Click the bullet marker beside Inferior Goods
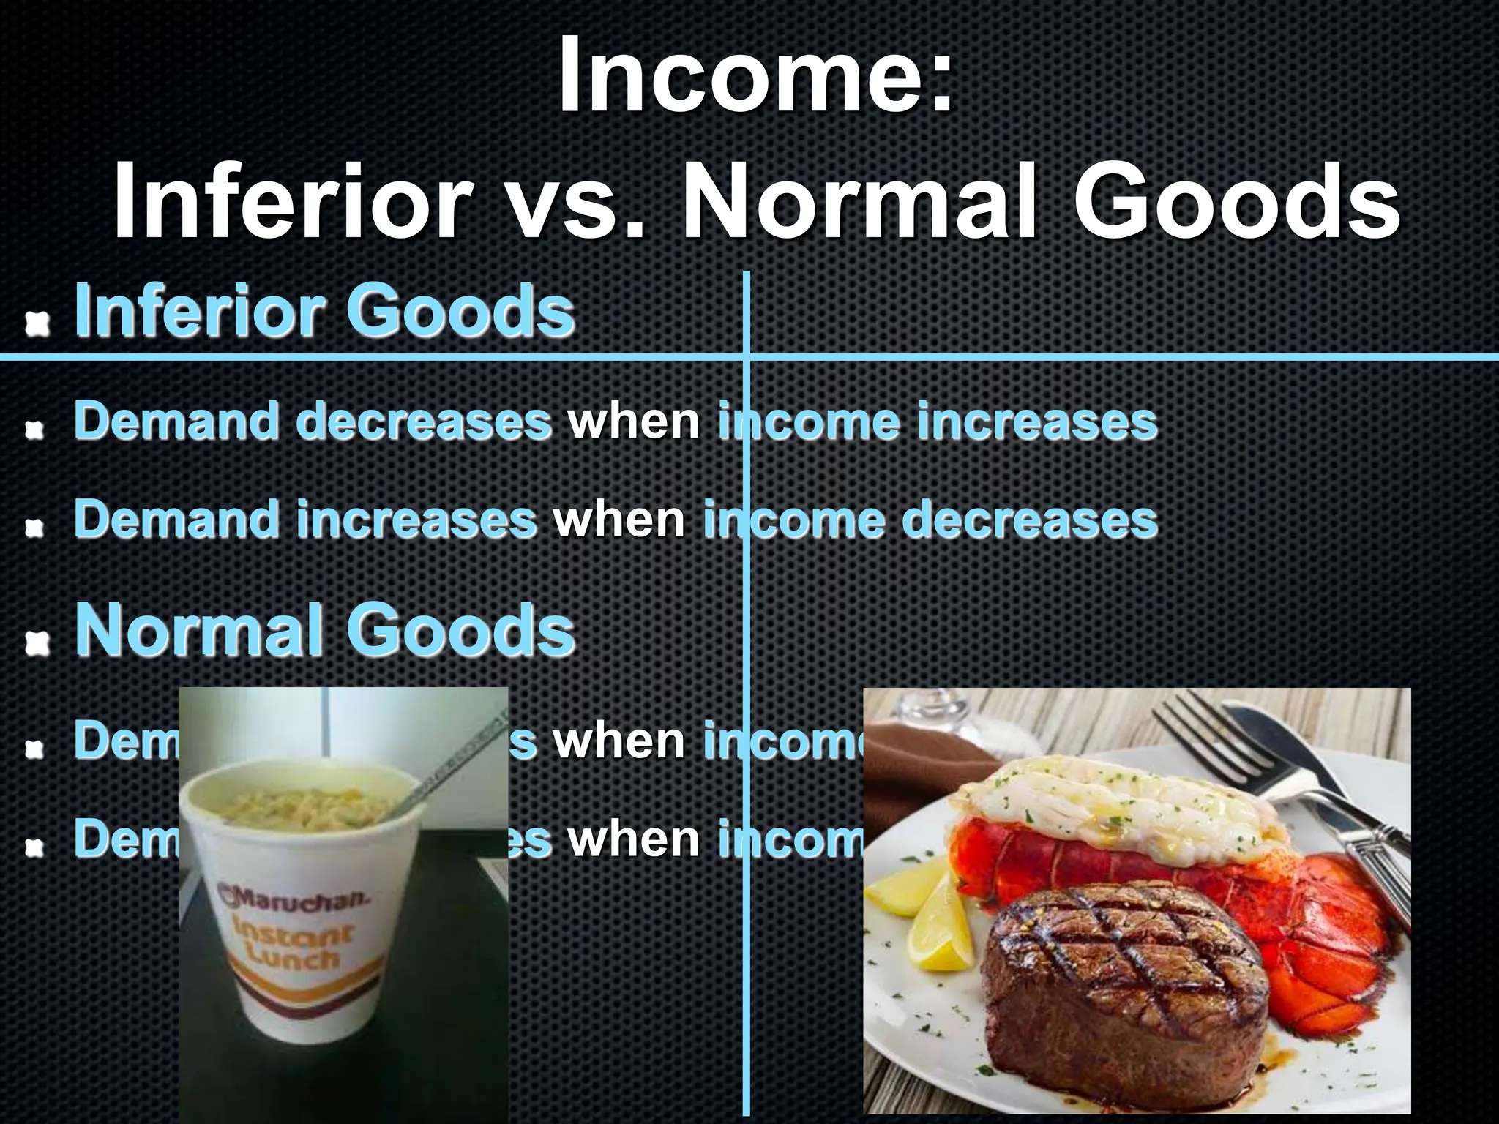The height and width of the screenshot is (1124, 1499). pyautogui.click(x=35, y=322)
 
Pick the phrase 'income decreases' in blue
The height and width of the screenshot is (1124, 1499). pyautogui.click(x=930, y=519)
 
